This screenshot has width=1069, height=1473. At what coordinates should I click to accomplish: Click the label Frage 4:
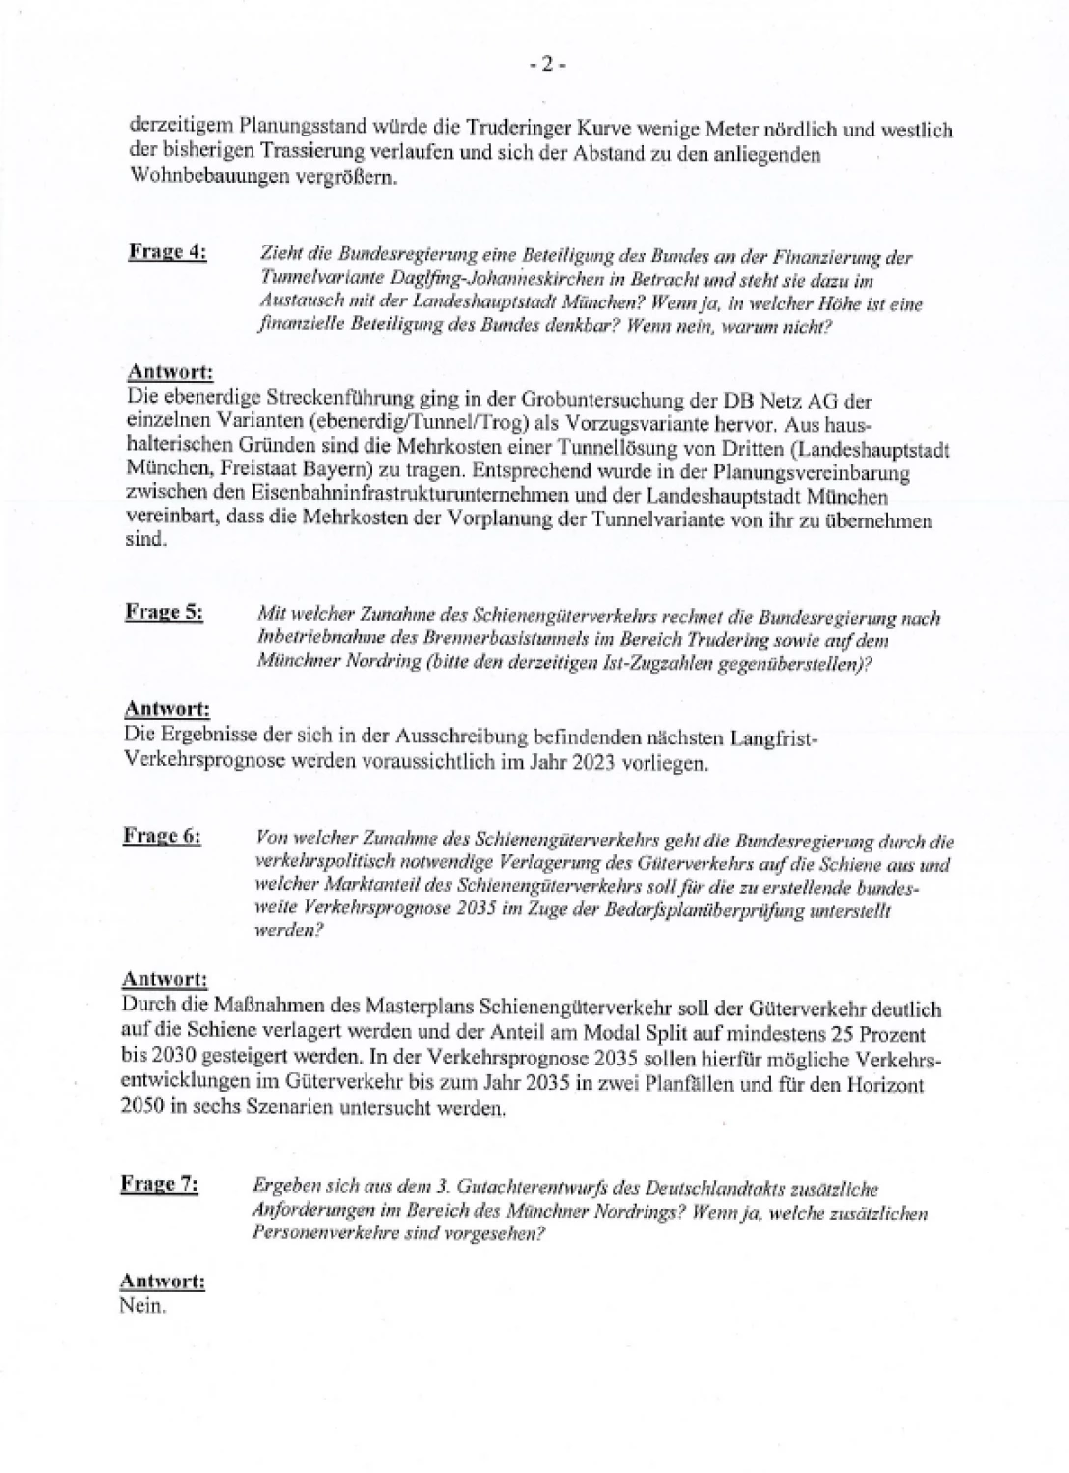(x=167, y=251)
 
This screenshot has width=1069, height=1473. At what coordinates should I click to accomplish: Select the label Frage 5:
(x=164, y=611)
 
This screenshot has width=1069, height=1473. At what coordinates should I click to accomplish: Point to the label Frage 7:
(x=159, y=1184)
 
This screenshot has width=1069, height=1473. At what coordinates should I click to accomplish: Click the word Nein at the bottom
(x=141, y=1306)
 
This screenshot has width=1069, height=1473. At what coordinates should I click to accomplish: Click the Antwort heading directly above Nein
(x=162, y=1282)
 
